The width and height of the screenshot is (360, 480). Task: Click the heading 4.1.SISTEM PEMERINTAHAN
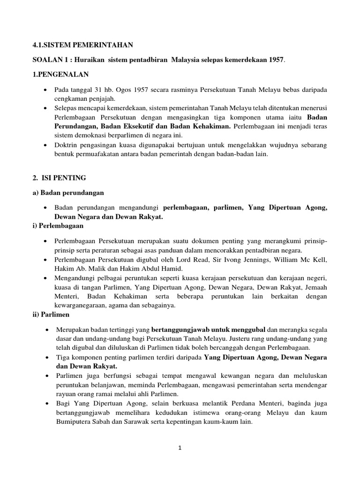[x=82, y=45]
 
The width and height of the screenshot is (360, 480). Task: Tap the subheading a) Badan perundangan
[x=68, y=193]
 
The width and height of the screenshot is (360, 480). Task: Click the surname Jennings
[x=260, y=260]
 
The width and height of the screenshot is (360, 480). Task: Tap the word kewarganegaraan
[x=81, y=306]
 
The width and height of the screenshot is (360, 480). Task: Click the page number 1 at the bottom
[x=180, y=448]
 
